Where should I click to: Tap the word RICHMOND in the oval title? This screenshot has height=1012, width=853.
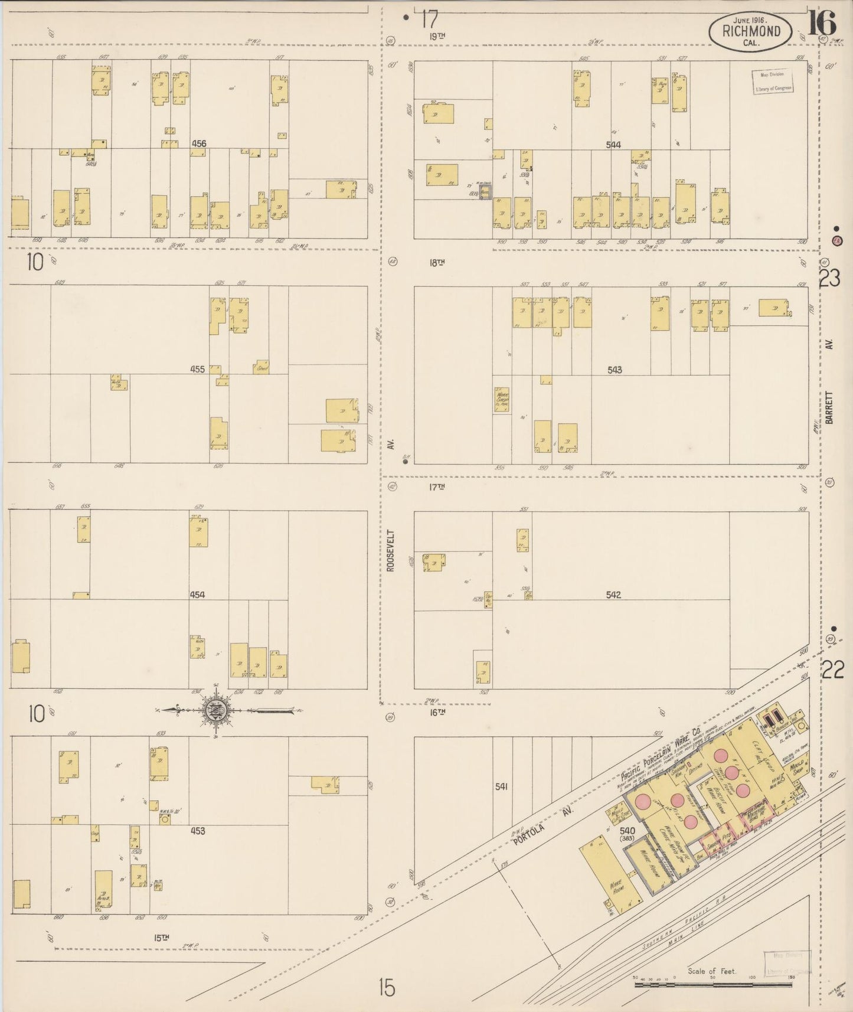click(x=751, y=31)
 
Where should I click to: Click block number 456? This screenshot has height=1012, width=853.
click(x=199, y=143)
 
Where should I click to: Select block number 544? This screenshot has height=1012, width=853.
click(x=613, y=145)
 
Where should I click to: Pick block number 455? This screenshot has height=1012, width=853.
click(x=197, y=370)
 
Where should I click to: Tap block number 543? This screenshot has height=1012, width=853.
click(x=615, y=370)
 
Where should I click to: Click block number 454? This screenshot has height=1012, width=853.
click(x=197, y=595)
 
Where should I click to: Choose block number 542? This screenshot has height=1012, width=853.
click(x=613, y=595)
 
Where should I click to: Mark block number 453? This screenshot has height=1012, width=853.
click(x=197, y=831)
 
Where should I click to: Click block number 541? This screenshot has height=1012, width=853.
click(x=502, y=786)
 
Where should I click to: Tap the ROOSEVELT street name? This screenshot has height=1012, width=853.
click(x=390, y=550)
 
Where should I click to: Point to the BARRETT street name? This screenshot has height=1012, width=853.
click(x=829, y=407)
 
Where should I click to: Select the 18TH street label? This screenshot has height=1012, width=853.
click(x=437, y=263)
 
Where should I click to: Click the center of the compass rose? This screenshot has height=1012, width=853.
click(x=213, y=711)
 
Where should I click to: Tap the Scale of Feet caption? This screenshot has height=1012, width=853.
click(x=712, y=971)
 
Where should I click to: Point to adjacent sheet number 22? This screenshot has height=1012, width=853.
click(x=832, y=670)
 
